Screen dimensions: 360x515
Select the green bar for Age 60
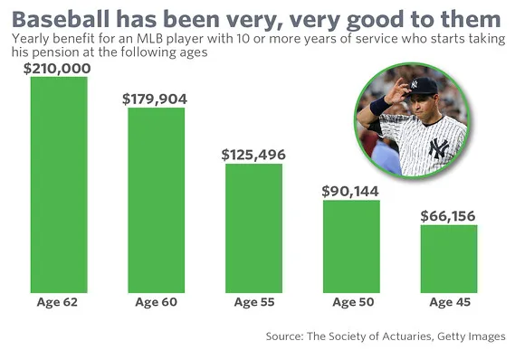coord(156,200)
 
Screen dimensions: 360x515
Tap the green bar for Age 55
coord(253,228)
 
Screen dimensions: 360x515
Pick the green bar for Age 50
coord(350,246)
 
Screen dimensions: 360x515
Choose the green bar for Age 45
coord(447,259)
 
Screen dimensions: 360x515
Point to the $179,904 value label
coord(156,99)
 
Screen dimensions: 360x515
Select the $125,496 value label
coord(253,155)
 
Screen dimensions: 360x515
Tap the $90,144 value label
coord(350,191)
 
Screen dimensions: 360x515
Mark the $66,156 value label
coord(447,216)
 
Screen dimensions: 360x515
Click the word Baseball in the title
coord(62,17)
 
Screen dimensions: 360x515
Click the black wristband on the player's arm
coord(380,107)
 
